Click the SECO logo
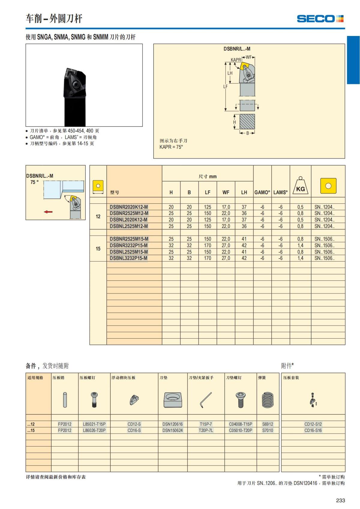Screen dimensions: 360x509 coord(320,19)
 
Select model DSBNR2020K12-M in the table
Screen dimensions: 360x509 coord(129,207)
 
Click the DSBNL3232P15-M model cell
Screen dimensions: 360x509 coord(128,258)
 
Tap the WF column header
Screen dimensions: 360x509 coord(226,193)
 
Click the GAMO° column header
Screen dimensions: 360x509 coord(262,193)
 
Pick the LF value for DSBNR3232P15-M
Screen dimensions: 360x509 coord(208,245)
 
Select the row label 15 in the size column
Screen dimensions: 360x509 coord(98,249)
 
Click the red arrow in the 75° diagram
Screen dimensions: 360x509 coord(48,212)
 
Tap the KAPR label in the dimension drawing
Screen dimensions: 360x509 coord(236,60)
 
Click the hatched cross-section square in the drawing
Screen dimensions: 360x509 coord(247,122)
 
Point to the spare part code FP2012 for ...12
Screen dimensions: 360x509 coord(64,424)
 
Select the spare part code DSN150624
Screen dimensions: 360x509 coord(172,430)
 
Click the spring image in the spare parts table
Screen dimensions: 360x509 coord(268,400)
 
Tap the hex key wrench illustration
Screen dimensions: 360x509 coord(206,400)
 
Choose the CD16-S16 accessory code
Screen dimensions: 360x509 coord(313,430)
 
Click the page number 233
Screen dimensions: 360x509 coord(340,500)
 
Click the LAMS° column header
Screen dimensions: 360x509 coord(280,193)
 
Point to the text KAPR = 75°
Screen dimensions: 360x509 coord(171,147)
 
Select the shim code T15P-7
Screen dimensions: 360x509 coord(206,424)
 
